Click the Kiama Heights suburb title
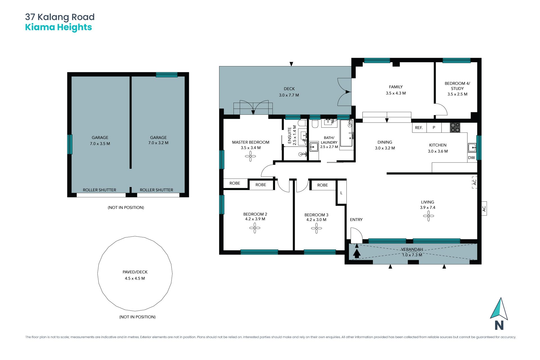coord(58,28)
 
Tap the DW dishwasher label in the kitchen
coord(471,158)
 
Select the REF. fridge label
coord(419,128)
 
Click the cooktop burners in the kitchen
coord(455,127)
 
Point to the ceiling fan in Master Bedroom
coord(250,156)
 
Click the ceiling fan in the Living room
coord(428,216)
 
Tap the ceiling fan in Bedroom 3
coord(316,228)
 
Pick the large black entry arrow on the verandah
coord(357,254)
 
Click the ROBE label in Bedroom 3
coord(323,185)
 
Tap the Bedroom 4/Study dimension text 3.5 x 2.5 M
coord(457,94)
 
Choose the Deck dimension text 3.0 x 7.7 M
coord(289,95)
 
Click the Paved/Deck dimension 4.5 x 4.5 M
coord(135,278)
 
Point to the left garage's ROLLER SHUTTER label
coord(99,190)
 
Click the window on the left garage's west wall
coord(70,144)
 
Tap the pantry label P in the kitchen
coord(434,128)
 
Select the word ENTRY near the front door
coord(356,220)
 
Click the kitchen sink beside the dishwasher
coord(472,147)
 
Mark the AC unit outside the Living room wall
coord(484,208)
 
